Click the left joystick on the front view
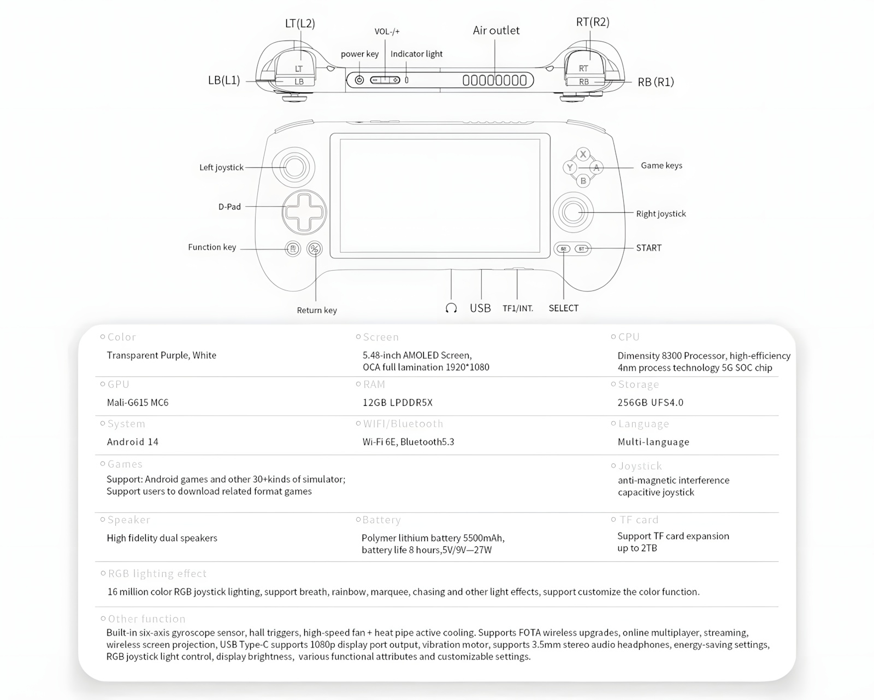tap(294, 167)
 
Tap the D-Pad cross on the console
tap(304, 212)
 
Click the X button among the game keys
tap(583, 154)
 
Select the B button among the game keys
tap(583, 180)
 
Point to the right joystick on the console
tap(573, 212)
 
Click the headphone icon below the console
tap(451, 308)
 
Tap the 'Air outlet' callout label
tap(496, 31)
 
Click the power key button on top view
tap(359, 80)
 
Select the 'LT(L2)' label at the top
tap(300, 24)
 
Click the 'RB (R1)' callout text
tap(655, 82)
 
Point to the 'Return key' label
tap(317, 310)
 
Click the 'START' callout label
tap(648, 248)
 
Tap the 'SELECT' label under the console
tap(563, 308)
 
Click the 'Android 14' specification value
tap(133, 442)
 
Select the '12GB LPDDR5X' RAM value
tap(397, 402)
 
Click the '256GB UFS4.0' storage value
tap(650, 402)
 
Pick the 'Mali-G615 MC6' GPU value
tap(138, 402)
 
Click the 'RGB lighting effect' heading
tap(157, 574)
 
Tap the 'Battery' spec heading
tap(381, 520)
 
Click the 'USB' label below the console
tap(480, 308)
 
